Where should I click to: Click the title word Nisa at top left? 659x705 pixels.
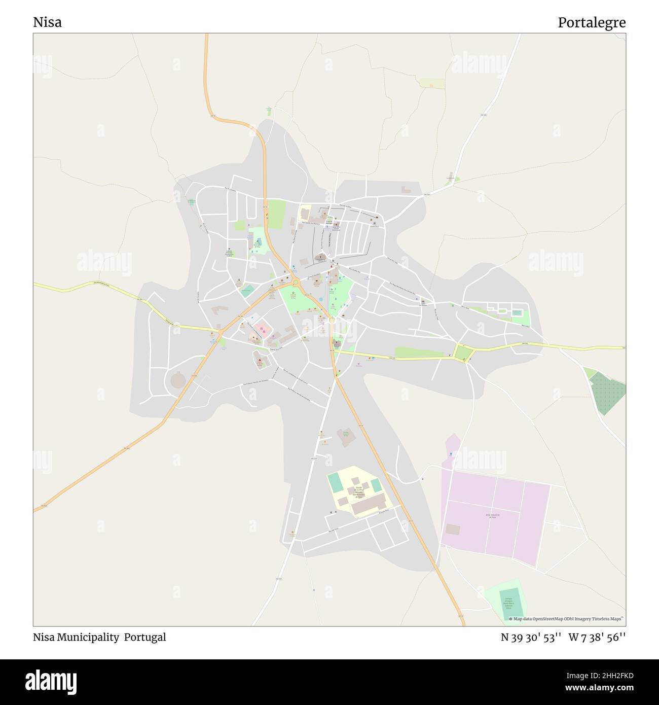47,22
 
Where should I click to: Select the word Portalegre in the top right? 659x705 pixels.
592,22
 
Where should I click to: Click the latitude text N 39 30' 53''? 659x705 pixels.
530,637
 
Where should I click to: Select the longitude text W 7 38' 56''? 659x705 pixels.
597,637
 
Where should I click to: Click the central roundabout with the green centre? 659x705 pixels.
295,282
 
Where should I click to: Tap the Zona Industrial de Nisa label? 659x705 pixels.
493,515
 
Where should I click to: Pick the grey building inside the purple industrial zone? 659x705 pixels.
453,529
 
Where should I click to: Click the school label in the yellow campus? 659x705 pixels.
358,492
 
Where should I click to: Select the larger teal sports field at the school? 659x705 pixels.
336,482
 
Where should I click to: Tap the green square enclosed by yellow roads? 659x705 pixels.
463,352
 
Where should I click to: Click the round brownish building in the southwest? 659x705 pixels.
178,379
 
